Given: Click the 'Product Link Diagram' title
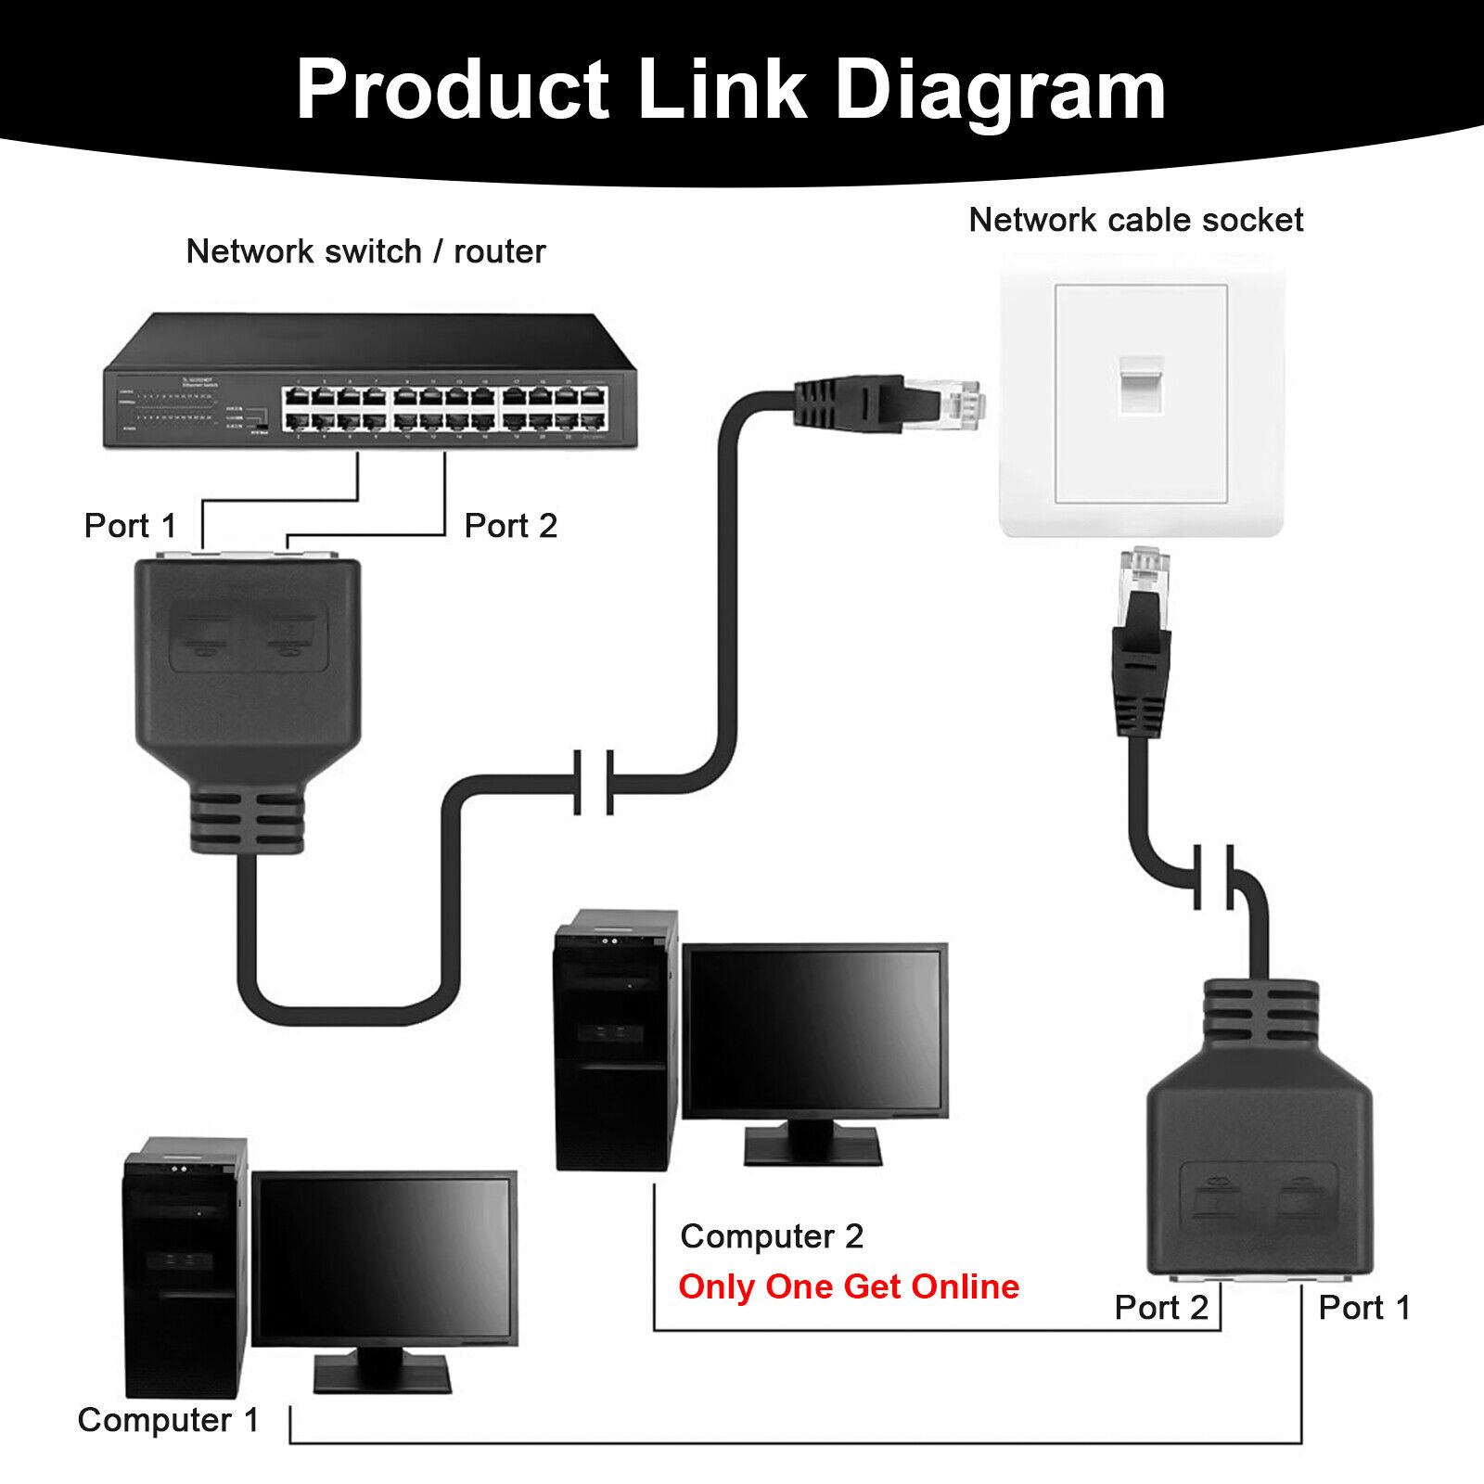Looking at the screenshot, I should tap(731, 90).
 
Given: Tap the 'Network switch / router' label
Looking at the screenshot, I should tap(365, 251).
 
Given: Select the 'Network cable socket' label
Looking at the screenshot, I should tap(1135, 220).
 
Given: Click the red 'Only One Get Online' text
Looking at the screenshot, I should tap(849, 1286).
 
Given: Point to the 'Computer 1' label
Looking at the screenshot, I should tap(168, 1420).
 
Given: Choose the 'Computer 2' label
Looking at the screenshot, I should tap(772, 1236).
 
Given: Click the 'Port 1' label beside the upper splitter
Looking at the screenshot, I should tap(130, 526).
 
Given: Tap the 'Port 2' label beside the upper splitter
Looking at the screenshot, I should tap(510, 526).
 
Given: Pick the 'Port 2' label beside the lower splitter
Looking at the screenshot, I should tap(1161, 1308).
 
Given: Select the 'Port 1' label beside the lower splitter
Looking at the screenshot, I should tap(1364, 1308).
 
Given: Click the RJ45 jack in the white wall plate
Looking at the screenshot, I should tap(1140, 383).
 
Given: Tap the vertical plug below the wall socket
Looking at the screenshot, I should tap(1142, 640).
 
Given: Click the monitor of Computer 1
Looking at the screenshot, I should tap(384, 1258).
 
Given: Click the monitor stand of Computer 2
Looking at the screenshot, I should tap(812, 1142).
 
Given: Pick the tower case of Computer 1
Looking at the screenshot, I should tap(185, 1266).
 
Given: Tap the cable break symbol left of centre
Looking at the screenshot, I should tap(594, 783).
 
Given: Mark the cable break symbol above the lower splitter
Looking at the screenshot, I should tap(1214, 876).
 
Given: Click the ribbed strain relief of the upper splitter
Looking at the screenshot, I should tap(247, 820).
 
